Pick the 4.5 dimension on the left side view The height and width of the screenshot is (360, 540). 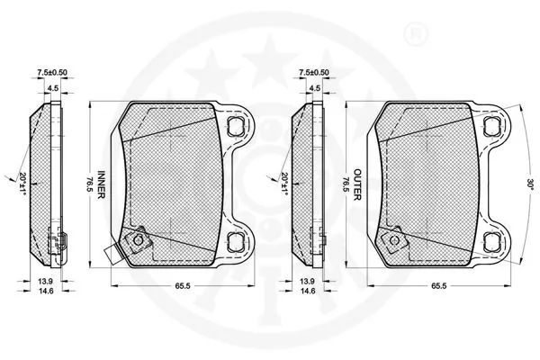[53, 87]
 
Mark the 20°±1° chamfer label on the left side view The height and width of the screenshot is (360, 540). [18, 183]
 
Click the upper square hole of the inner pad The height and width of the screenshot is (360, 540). [237, 122]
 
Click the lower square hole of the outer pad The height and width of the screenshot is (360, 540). [492, 240]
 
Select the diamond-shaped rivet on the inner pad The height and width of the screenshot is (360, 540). [138, 240]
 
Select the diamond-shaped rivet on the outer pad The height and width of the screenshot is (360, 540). [393, 240]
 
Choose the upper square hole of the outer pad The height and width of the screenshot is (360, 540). [492, 122]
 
